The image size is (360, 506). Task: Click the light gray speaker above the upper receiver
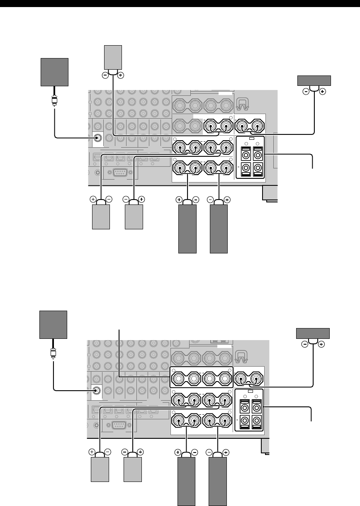point(114,58)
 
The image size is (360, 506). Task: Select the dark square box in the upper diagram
point(54,72)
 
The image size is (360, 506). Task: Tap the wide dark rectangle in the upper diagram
point(314,80)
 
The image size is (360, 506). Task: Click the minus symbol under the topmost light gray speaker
point(106,75)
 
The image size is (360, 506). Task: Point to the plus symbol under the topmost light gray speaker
point(121,75)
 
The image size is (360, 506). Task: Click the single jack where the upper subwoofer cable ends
point(98,138)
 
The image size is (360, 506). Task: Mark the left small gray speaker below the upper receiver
point(101,218)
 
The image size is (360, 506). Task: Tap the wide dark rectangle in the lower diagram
point(313,333)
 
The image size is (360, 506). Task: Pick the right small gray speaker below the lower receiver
point(132,470)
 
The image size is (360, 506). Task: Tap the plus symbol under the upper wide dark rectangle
point(323,92)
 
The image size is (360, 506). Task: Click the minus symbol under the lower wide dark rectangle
point(305,344)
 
